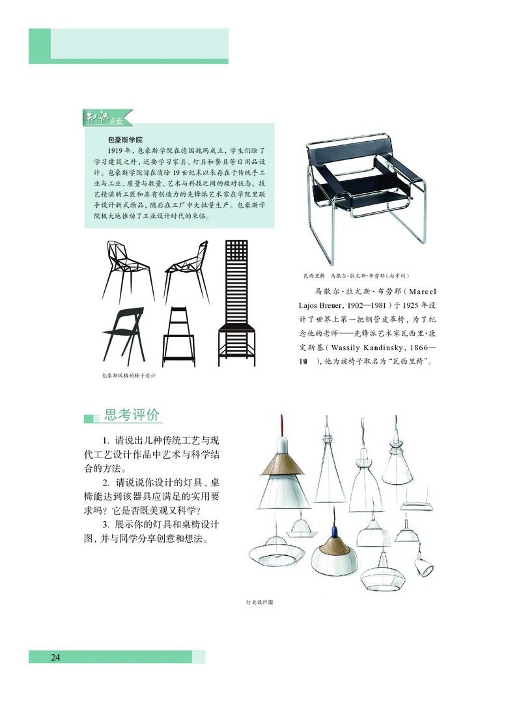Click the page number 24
pyautogui.click(x=55, y=657)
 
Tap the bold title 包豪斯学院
pyautogui.click(x=126, y=139)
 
